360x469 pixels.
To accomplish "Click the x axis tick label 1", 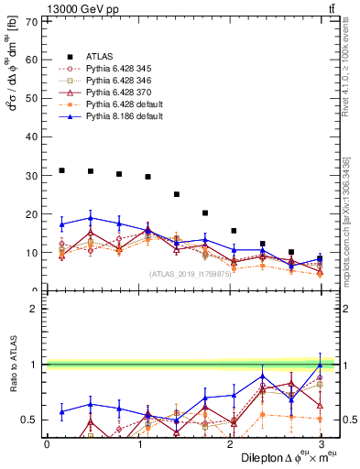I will coord(138,444).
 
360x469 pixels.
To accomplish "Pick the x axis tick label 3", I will coord(321,444).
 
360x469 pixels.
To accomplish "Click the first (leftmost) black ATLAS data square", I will coord(61,170).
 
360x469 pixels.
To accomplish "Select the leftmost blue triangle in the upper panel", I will coord(61,224).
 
